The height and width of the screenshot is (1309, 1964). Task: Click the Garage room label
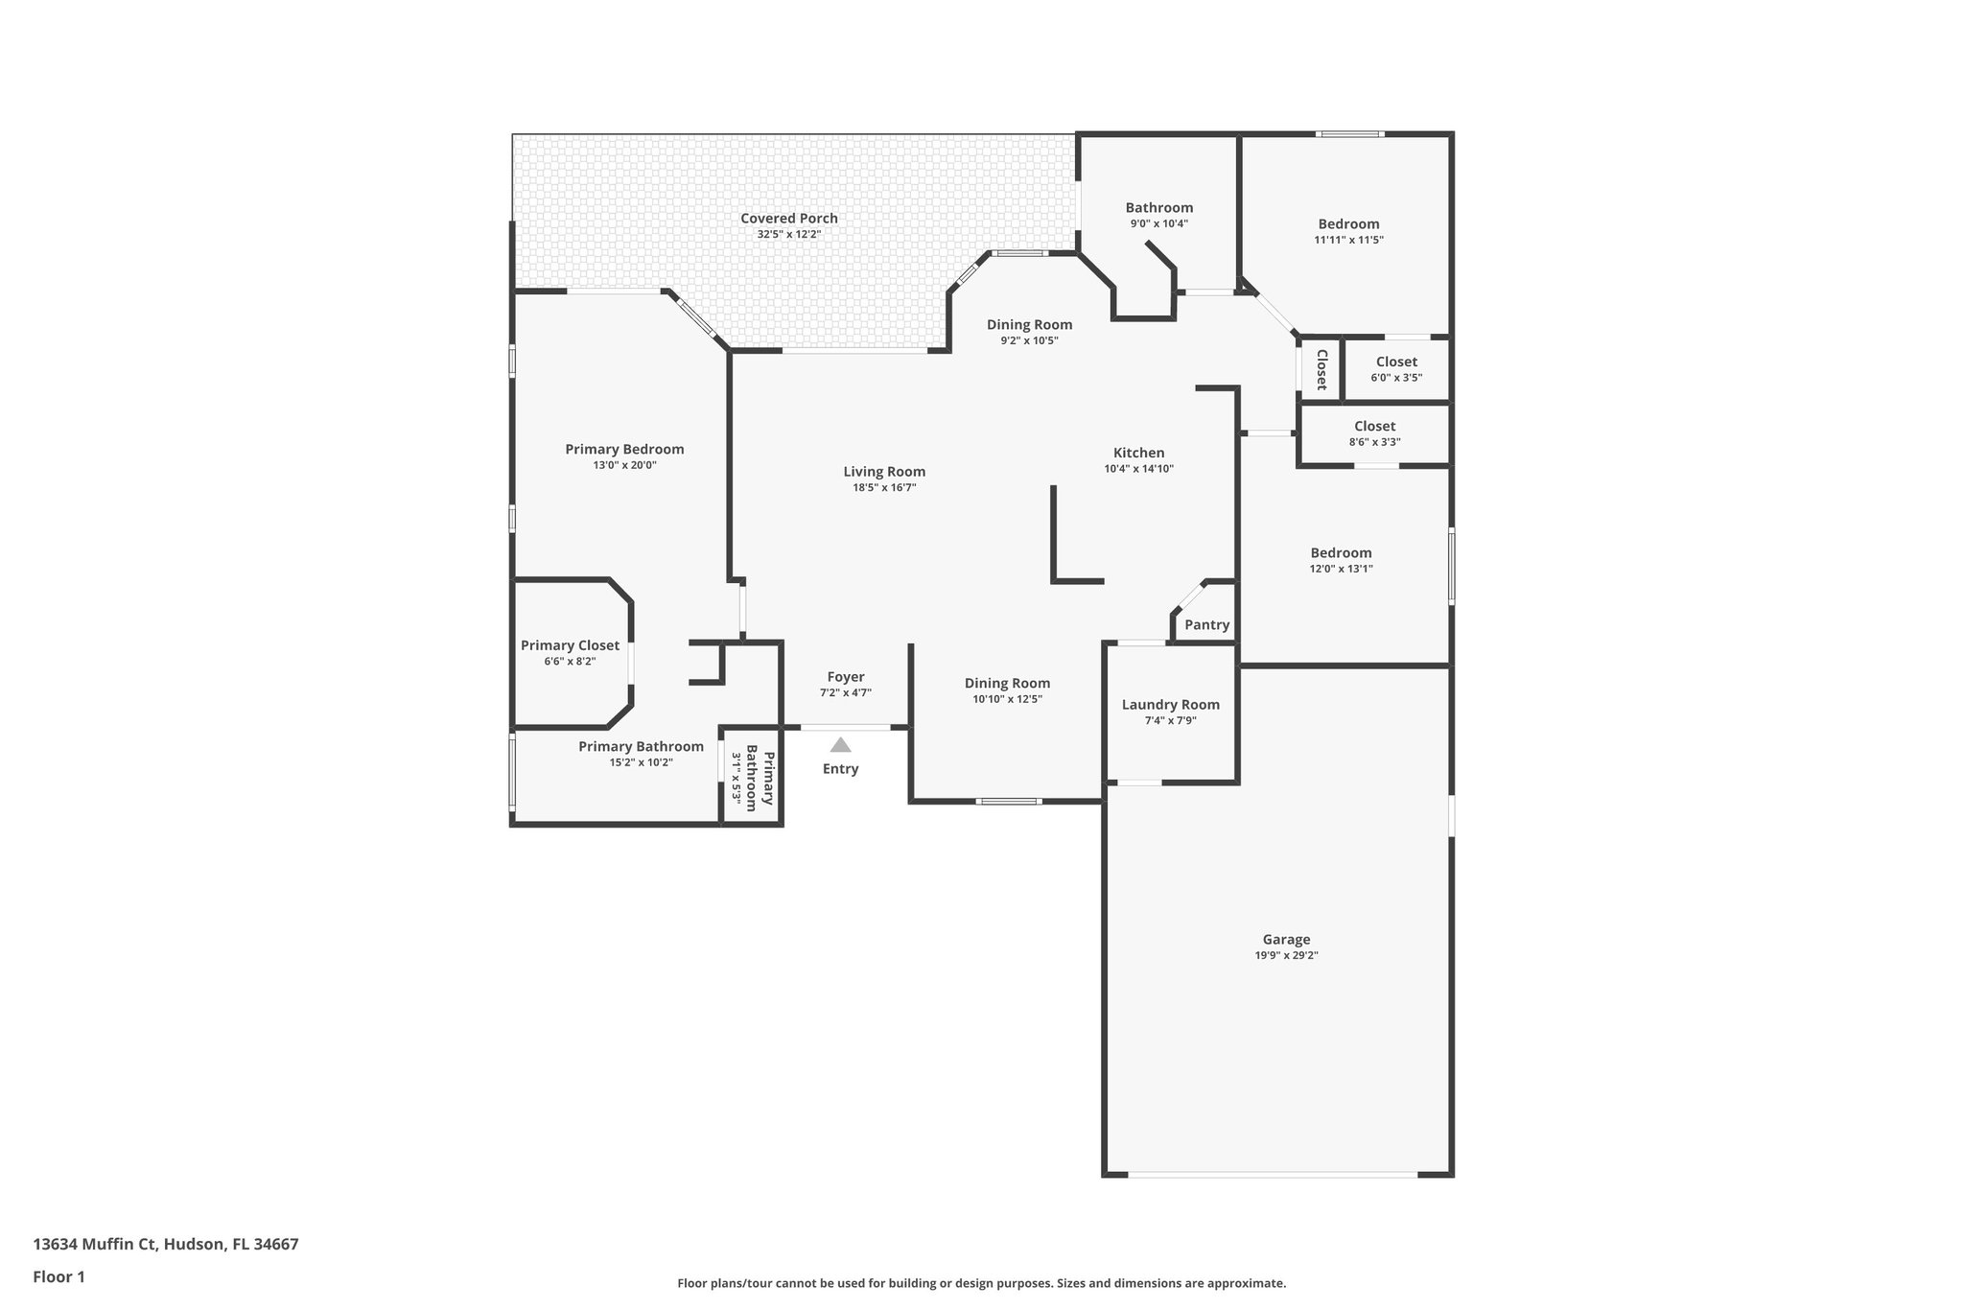(x=1286, y=940)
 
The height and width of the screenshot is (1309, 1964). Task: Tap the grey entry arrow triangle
(x=840, y=745)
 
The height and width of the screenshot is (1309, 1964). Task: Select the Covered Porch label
(x=788, y=219)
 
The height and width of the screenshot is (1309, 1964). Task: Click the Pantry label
(x=1206, y=625)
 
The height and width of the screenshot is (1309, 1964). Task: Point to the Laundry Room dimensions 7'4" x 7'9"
(x=1170, y=721)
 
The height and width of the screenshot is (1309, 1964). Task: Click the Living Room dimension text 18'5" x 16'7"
(x=884, y=488)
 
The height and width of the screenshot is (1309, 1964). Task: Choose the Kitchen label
(x=1138, y=454)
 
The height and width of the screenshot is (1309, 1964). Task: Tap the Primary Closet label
(x=570, y=646)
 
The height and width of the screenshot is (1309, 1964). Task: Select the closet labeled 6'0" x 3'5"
(x=1395, y=369)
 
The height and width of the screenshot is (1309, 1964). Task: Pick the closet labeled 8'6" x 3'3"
(x=1374, y=433)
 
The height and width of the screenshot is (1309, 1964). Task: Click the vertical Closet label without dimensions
(x=1321, y=369)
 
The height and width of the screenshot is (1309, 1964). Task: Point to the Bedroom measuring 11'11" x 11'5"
(x=1348, y=231)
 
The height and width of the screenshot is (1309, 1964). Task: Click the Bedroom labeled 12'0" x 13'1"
(x=1341, y=560)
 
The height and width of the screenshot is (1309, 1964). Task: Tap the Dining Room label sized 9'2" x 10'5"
(x=1029, y=325)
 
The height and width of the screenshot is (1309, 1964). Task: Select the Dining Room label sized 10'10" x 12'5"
(x=1007, y=684)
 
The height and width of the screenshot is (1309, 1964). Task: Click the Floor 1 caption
(x=59, y=1277)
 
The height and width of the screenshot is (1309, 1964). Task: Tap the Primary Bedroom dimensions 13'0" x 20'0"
(x=624, y=465)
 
